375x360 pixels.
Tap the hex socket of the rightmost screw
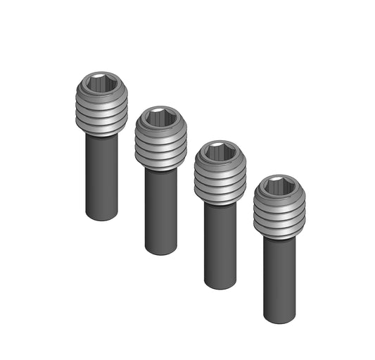click(x=280, y=187)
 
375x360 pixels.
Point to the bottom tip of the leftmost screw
click(x=102, y=217)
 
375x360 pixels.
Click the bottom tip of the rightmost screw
click(x=280, y=320)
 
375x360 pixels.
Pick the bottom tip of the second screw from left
click(x=161, y=251)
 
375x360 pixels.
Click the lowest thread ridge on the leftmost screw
click(x=102, y=130)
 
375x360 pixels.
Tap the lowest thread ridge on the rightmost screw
click(x=280, y=234)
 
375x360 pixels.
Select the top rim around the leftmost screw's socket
click(x=102, y=73)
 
